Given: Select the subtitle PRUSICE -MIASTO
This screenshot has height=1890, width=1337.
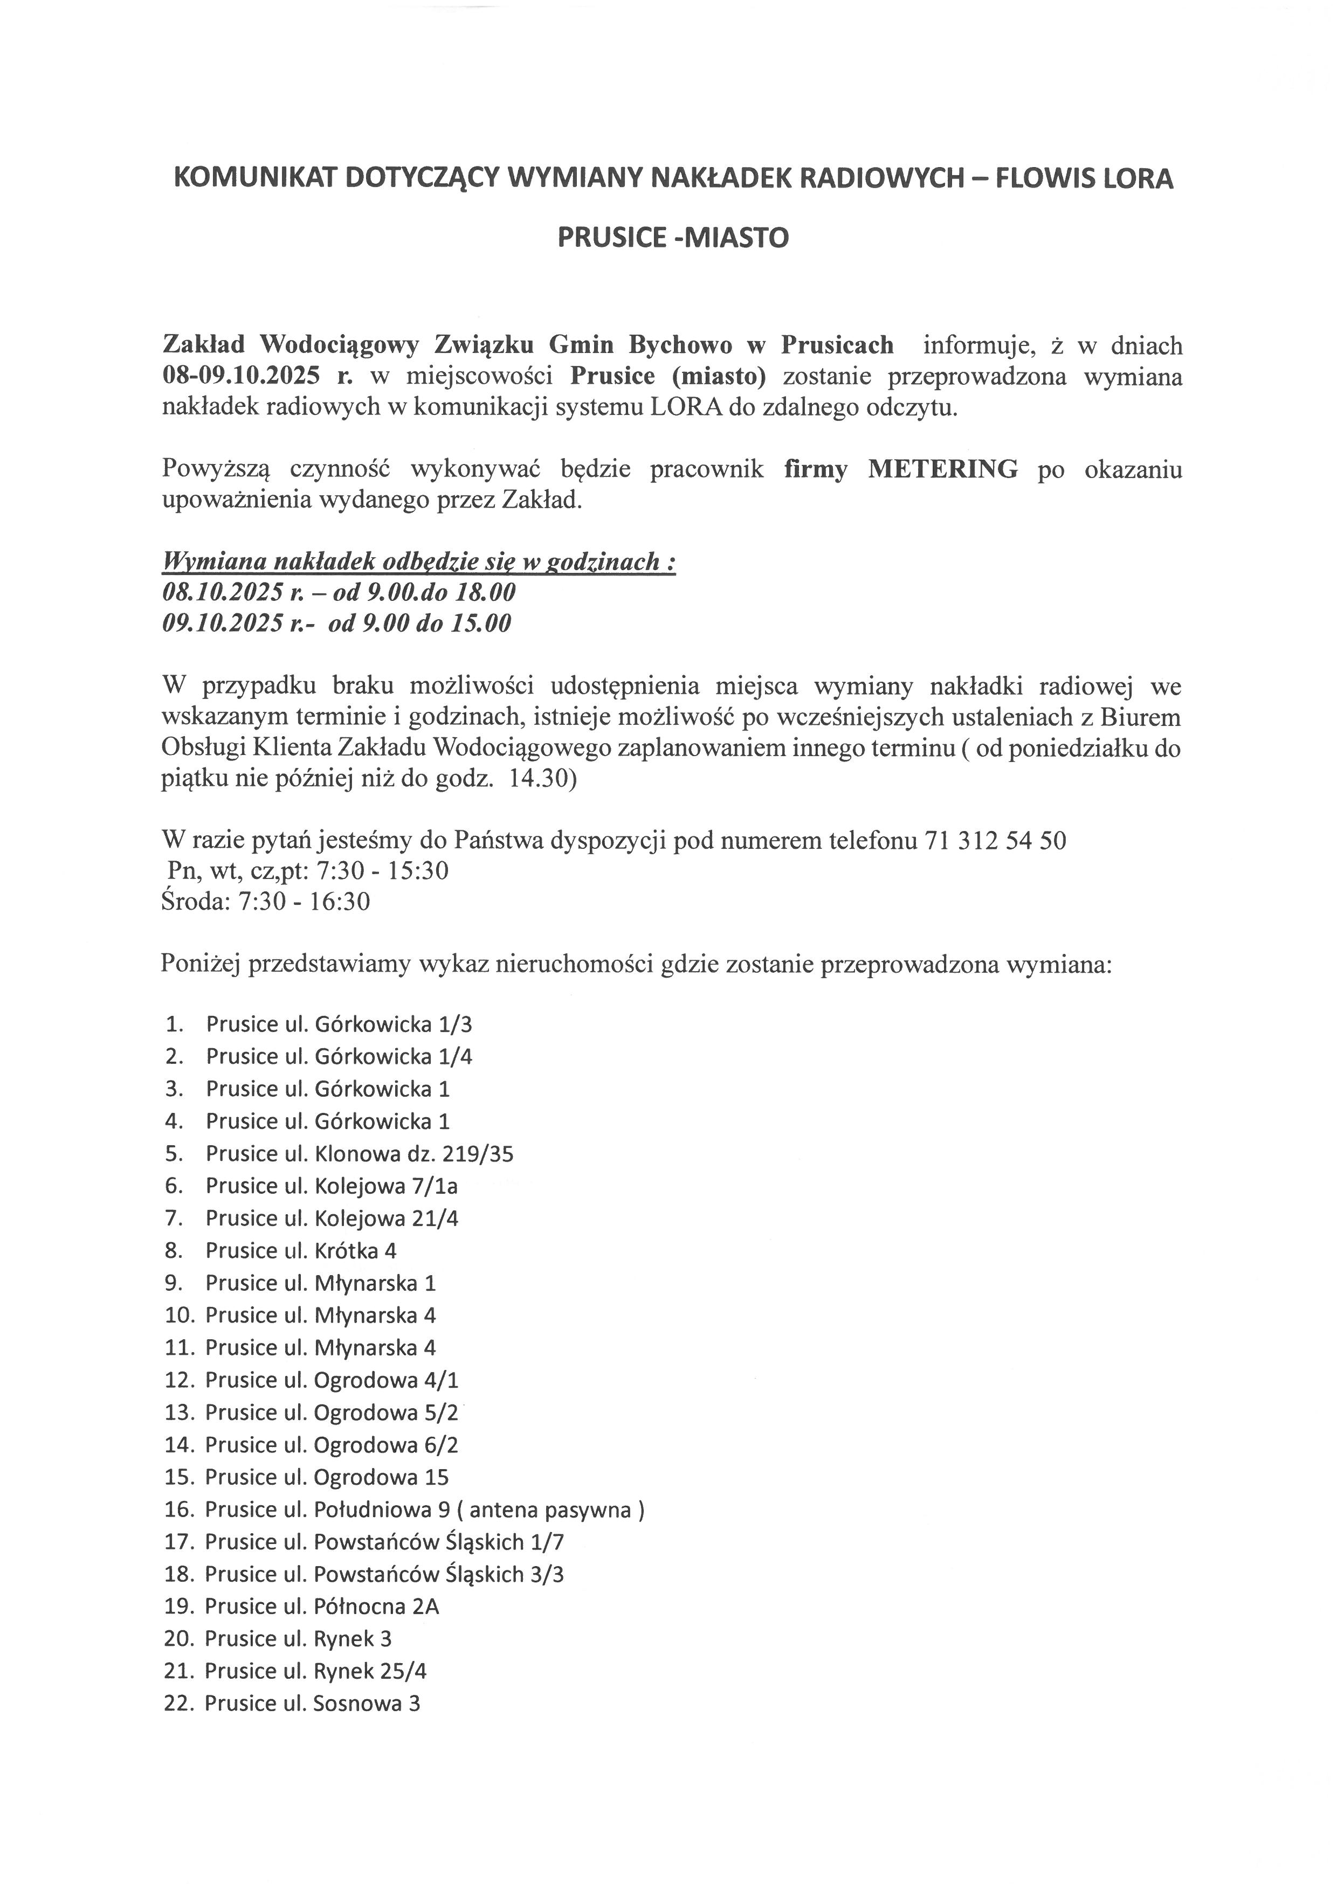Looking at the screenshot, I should coord(673,237).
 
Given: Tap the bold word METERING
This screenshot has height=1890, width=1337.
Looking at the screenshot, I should coord(943,469).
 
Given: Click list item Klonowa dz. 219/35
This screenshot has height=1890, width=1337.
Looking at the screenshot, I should coord(414,1153).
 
